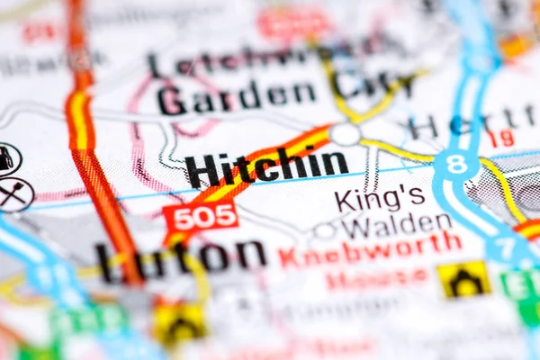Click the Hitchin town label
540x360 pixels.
pos(266,166)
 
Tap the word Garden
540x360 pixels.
pos(237,94)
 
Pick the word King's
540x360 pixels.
pos(378,198)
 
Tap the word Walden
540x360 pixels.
pos(396,225)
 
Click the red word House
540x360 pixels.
pos(376,278)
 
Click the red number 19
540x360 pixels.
pos(502,137)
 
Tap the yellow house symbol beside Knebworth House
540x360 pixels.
pos(463,280)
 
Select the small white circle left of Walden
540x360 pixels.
pos(324,231)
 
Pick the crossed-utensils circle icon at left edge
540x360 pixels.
pos(13,193)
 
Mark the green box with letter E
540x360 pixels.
pos(521,285)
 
